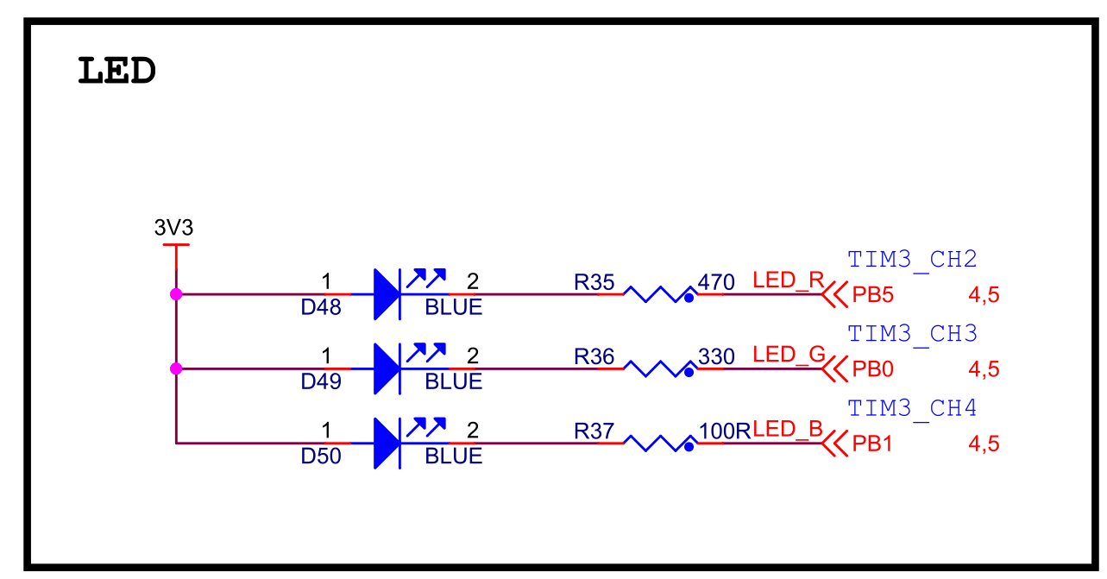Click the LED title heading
116,72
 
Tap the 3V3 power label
173,228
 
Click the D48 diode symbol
387,294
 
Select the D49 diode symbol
387,368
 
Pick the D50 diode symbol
387,444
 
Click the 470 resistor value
716,282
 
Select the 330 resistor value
716,356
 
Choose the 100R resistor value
725,431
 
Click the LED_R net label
788,280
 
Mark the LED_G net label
789,355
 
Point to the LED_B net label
788,429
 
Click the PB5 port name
872,295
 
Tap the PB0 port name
872,369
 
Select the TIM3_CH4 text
912,408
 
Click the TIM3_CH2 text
912,260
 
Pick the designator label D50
320,456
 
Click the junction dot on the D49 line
176,368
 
